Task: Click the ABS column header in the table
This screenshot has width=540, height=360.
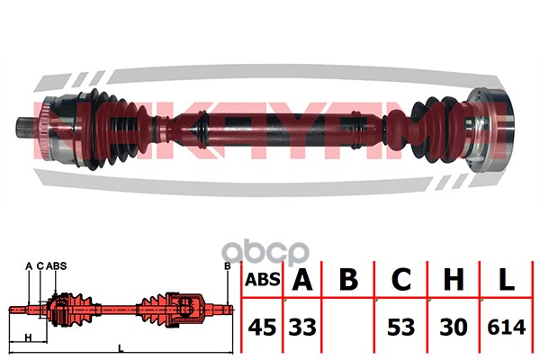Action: pyautogui.click(x=263, y=279)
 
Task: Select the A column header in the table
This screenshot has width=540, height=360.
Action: pyautogui.click(x=302, y=279)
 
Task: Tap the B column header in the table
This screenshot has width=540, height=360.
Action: pyautogui.click(x=348, y=279)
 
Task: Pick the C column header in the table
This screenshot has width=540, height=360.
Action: pyautogui.click(x=401, y=279)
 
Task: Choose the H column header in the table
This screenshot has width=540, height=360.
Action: pyautogui.click(x=454, y=279)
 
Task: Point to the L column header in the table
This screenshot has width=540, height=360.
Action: pyautogui.click(x=506, y=279)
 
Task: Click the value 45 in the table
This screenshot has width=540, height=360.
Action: pyautogui.click(x=262, y=328)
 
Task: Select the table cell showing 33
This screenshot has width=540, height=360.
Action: pyautogui.click(x=302, y=328)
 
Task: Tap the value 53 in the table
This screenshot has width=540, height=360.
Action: pyautogui.click(x=400, y=328)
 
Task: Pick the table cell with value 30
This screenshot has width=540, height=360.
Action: pyautogui.click(x=454, y=328)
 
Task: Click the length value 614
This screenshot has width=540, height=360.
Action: pyautogui.click(x=506, y=328)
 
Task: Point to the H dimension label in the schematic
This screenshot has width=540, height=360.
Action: pyautogui.click(x=29, y=337)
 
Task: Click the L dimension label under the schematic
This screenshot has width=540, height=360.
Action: pyautogui.click(x=121, y=348)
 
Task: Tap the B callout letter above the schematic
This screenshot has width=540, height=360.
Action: pyautogui.click(x=228, y=266)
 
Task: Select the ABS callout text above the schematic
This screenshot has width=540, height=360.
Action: pyautogui.click(x=56, y=266)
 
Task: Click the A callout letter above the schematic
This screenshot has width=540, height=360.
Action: pyautogui.click(x=29, y=266)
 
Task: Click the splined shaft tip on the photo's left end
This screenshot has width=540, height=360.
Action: pyautogui.click(x=25, y=128)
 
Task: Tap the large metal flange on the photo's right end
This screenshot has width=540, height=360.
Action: pyautogui.click(x=491, y=130)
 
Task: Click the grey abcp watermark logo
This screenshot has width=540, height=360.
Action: pyautogui.click(x=265, y=252)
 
